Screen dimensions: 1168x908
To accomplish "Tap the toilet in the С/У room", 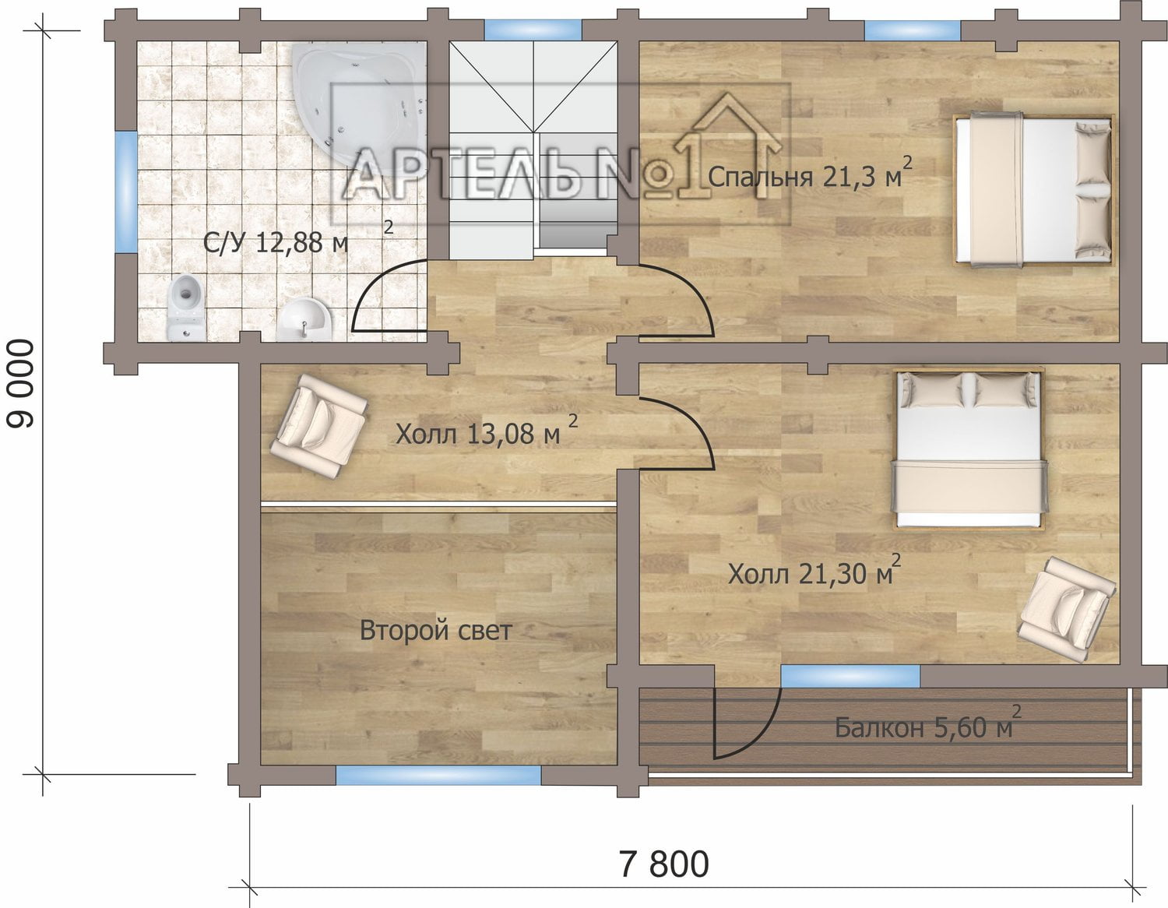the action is [186, 307].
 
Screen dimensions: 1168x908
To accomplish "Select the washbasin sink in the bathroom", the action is [304, 319].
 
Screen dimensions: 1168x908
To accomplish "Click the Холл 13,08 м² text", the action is [487, 431].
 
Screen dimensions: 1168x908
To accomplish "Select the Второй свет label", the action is [435, 630].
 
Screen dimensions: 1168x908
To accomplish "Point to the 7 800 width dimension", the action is [664, 864].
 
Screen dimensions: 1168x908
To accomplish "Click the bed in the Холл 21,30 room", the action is [969, 449].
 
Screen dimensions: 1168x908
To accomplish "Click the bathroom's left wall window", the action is [127, 192].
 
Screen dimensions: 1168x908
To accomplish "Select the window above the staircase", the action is [533, 30].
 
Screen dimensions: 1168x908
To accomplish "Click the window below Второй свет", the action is [438, 776].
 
